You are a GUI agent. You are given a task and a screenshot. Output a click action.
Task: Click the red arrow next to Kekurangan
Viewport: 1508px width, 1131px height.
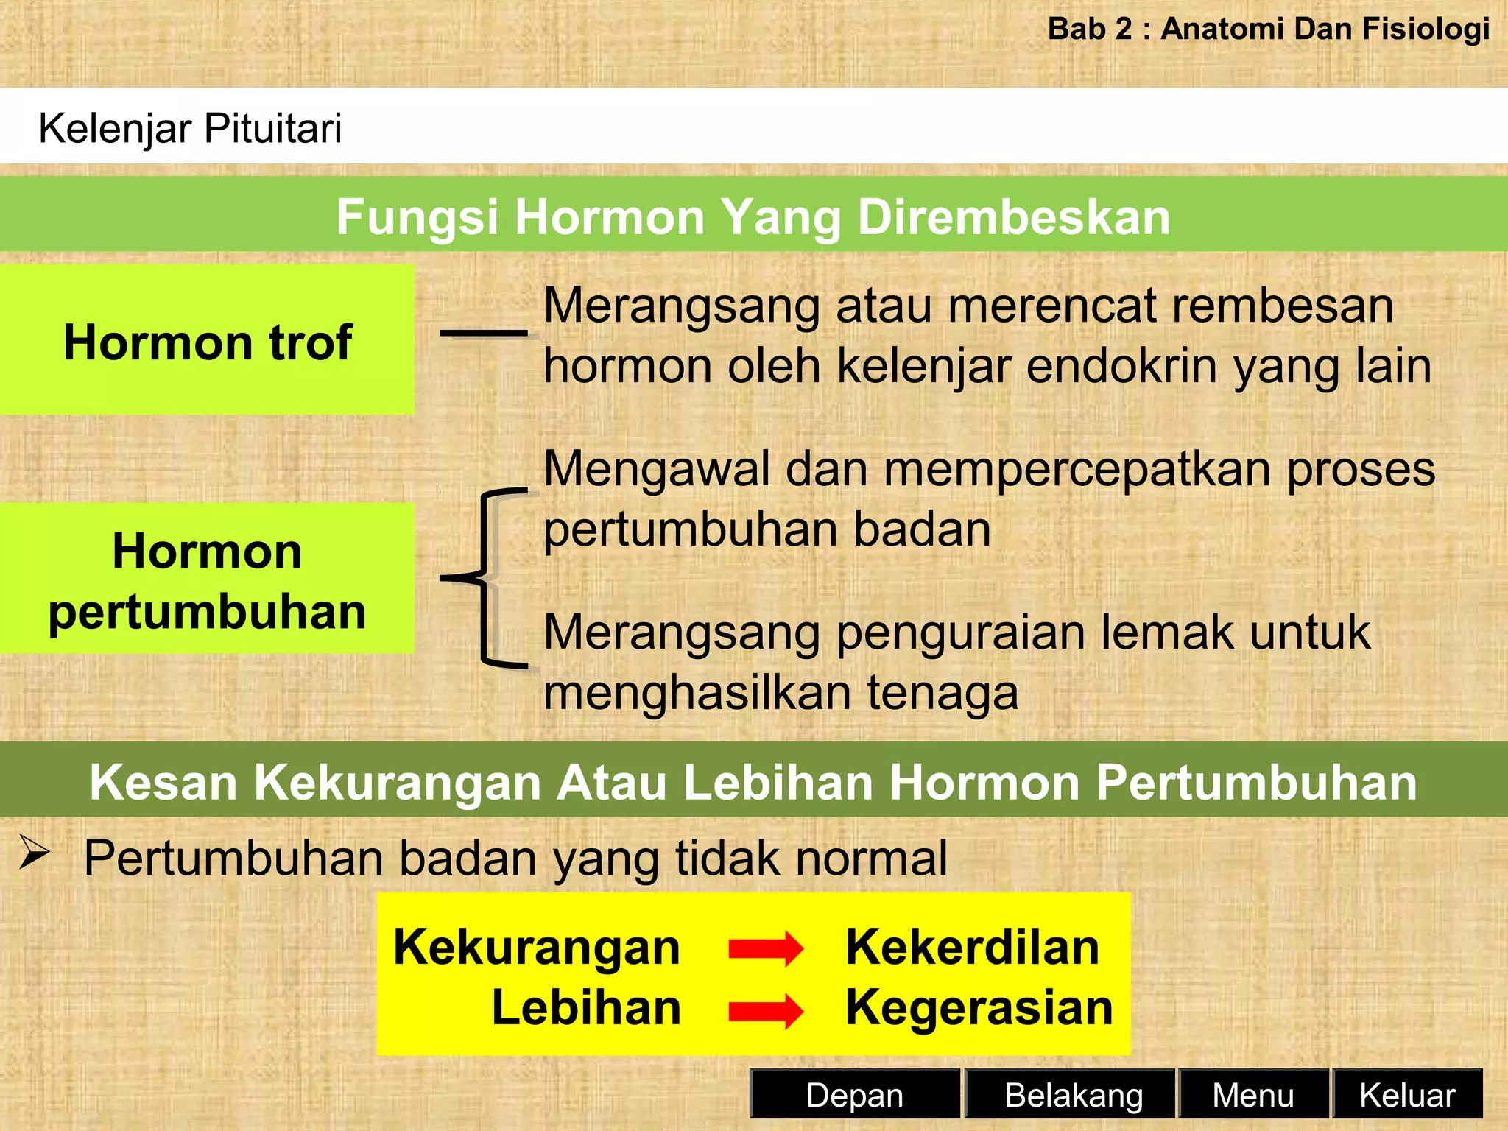[766, 949]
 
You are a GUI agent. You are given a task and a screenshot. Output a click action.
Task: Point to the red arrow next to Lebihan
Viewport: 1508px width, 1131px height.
[766, 1011]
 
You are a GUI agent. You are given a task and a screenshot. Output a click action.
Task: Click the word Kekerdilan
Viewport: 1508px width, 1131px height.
[972, 947]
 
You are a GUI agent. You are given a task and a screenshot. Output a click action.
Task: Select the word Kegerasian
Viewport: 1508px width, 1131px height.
[979, 1008]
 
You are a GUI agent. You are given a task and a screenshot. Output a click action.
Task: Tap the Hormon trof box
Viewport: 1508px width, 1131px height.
[207, 340]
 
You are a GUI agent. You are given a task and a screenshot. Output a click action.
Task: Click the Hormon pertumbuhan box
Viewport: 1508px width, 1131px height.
[207, 579]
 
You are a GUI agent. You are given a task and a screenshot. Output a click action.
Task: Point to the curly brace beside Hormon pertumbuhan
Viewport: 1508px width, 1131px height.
[486, 578]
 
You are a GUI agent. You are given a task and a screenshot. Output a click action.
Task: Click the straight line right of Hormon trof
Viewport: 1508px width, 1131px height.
[483, 333]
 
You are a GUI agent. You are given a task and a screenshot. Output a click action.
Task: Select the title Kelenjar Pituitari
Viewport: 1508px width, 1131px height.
[190, 128]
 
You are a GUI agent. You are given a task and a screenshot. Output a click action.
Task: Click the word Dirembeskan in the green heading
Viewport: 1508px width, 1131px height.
[1014, 217]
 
